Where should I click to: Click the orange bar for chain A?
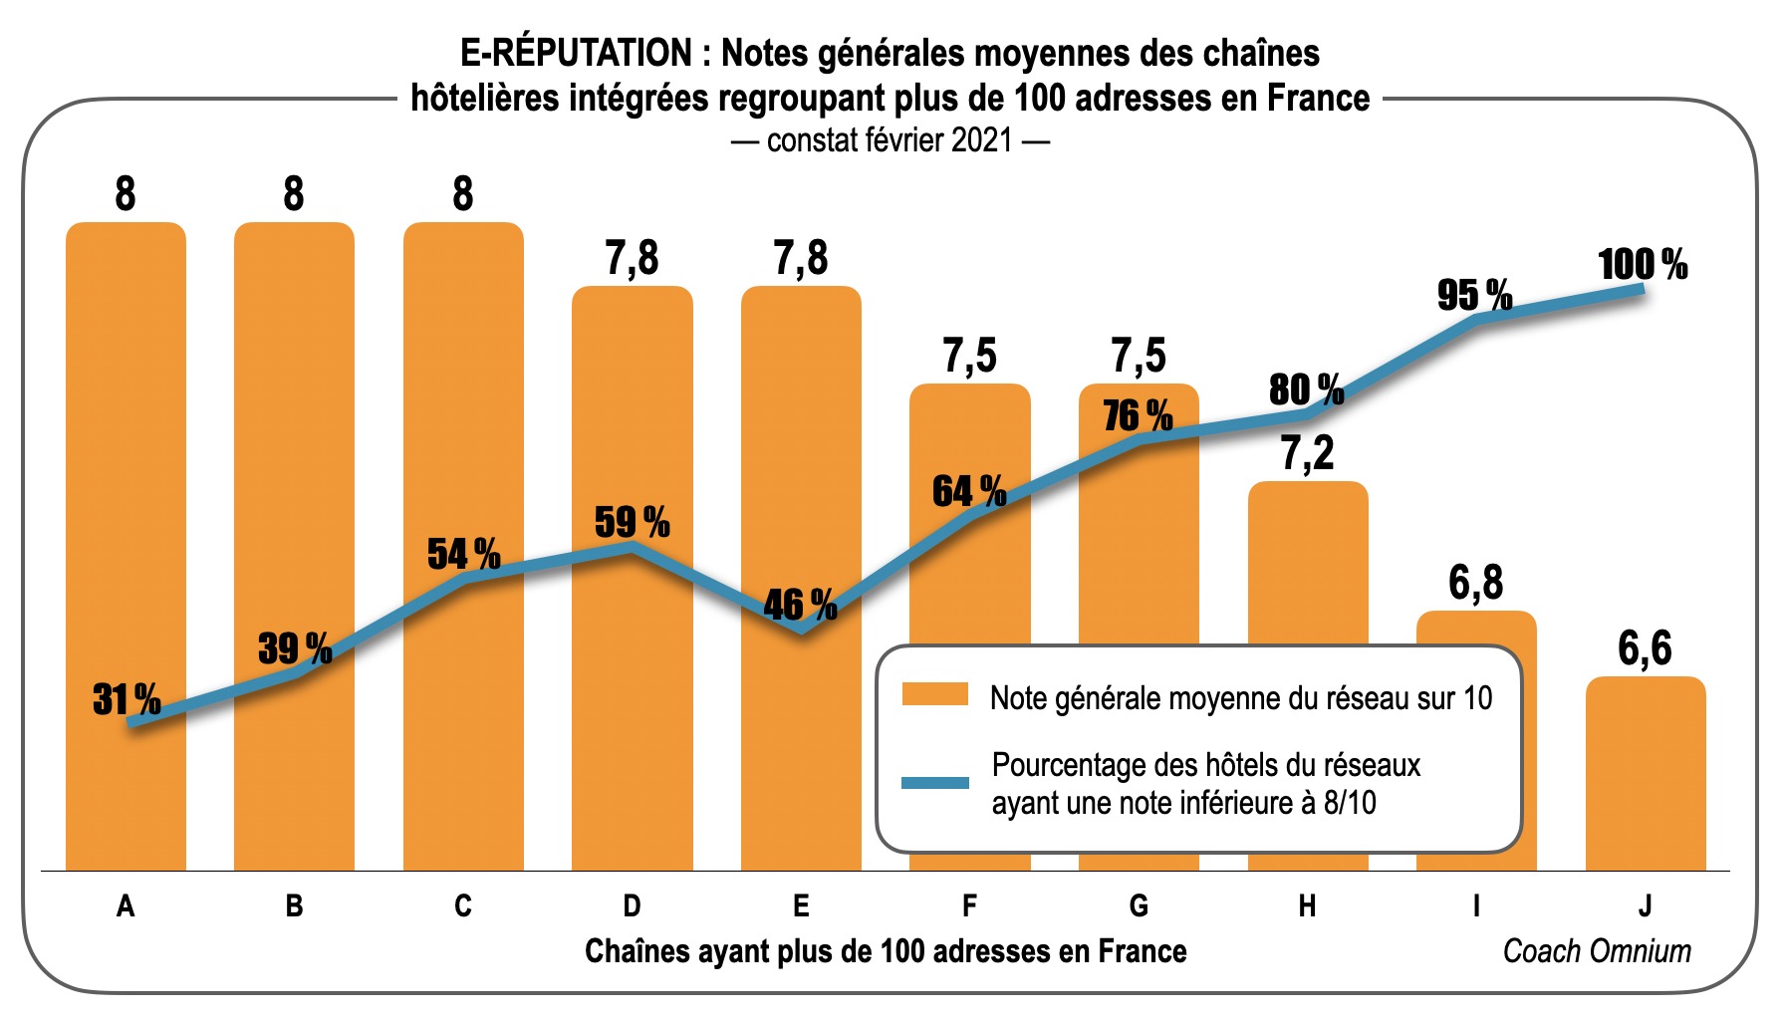click(x=126, y=448)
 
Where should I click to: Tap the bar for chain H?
click(x=1307, y=558)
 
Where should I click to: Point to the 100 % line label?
click(x=1643, y=265)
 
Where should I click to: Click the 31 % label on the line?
click(x=127, y=699)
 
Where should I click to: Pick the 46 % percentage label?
click(x=800, y=605)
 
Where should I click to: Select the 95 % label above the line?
click(x=1474, y=295)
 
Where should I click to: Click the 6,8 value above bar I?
click(x=1475, y=583)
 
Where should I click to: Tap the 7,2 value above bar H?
click(x=1307, y=453)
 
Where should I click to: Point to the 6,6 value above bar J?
click(x=1645, y=648)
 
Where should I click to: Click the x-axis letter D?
click(x=632, y=905)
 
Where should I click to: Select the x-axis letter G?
click(x=1139, y=905)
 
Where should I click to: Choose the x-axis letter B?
click(x=294, y=905)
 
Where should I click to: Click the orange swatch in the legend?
click(x=934, y=694)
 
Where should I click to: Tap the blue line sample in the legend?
click(x=934, y=782)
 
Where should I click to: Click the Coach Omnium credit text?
click(x=1596, y=951)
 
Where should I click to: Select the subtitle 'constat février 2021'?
click(x=890, y=140)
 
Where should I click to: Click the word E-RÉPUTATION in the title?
click(x=576, y=53)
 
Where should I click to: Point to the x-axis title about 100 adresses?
click(x=886, y=951)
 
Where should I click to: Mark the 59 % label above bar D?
click(x=632, y=522)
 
